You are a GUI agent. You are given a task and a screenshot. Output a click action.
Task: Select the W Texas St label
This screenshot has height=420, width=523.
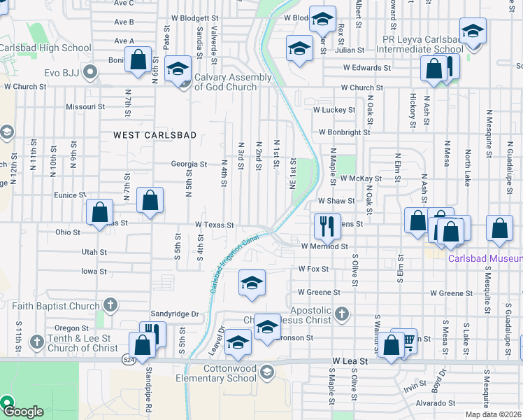coord(213,225)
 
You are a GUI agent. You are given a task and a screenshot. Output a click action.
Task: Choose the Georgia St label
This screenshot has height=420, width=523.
coord(189,164)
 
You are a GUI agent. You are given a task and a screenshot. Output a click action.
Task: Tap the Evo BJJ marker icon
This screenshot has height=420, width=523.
coord(90,71)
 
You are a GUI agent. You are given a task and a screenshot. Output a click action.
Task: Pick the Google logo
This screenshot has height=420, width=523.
coord(24,412)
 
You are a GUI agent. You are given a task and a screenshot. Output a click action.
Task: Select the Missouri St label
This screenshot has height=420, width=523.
coord(85,107)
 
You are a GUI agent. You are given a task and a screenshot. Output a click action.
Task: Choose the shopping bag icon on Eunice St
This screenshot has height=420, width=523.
coord(150,200)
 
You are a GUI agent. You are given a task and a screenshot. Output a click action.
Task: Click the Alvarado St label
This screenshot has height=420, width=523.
coord(435,403)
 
